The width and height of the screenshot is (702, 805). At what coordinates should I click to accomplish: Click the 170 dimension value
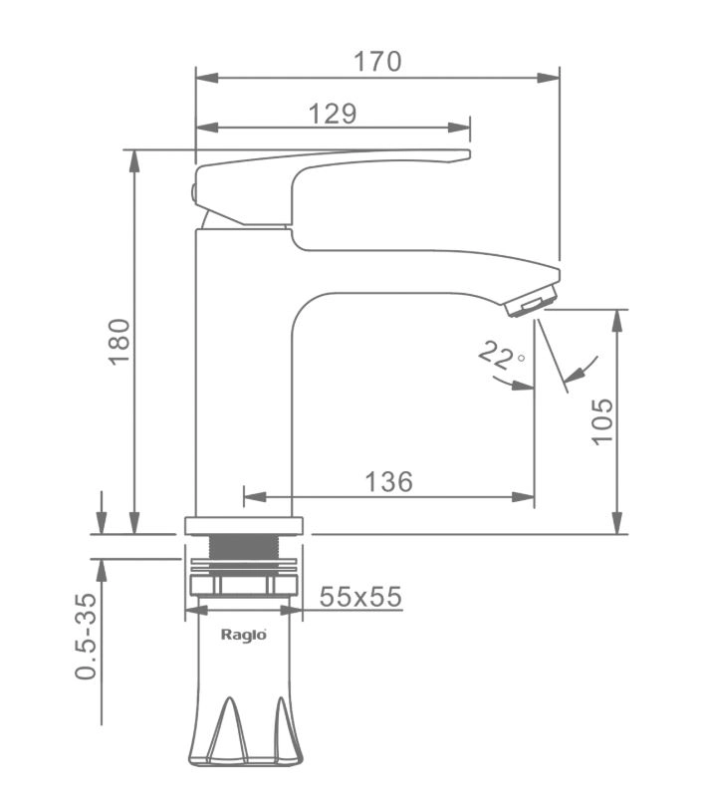click(x=377, y=62)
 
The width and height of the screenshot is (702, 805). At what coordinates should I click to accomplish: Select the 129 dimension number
click(x=332, y=114)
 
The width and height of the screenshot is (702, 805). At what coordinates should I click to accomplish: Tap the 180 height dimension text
click(x=119, y=342)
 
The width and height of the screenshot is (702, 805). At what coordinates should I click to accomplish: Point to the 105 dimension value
click(x=602, y=421)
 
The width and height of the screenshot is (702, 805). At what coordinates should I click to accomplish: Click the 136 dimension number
click(x=388, y=482)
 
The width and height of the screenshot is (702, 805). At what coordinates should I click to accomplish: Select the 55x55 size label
click(x=360, y=597)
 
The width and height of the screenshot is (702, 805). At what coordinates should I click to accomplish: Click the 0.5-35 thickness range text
click(x=86, y=637)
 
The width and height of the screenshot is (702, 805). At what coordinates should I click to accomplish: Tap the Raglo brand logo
click(x=244, y=635)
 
